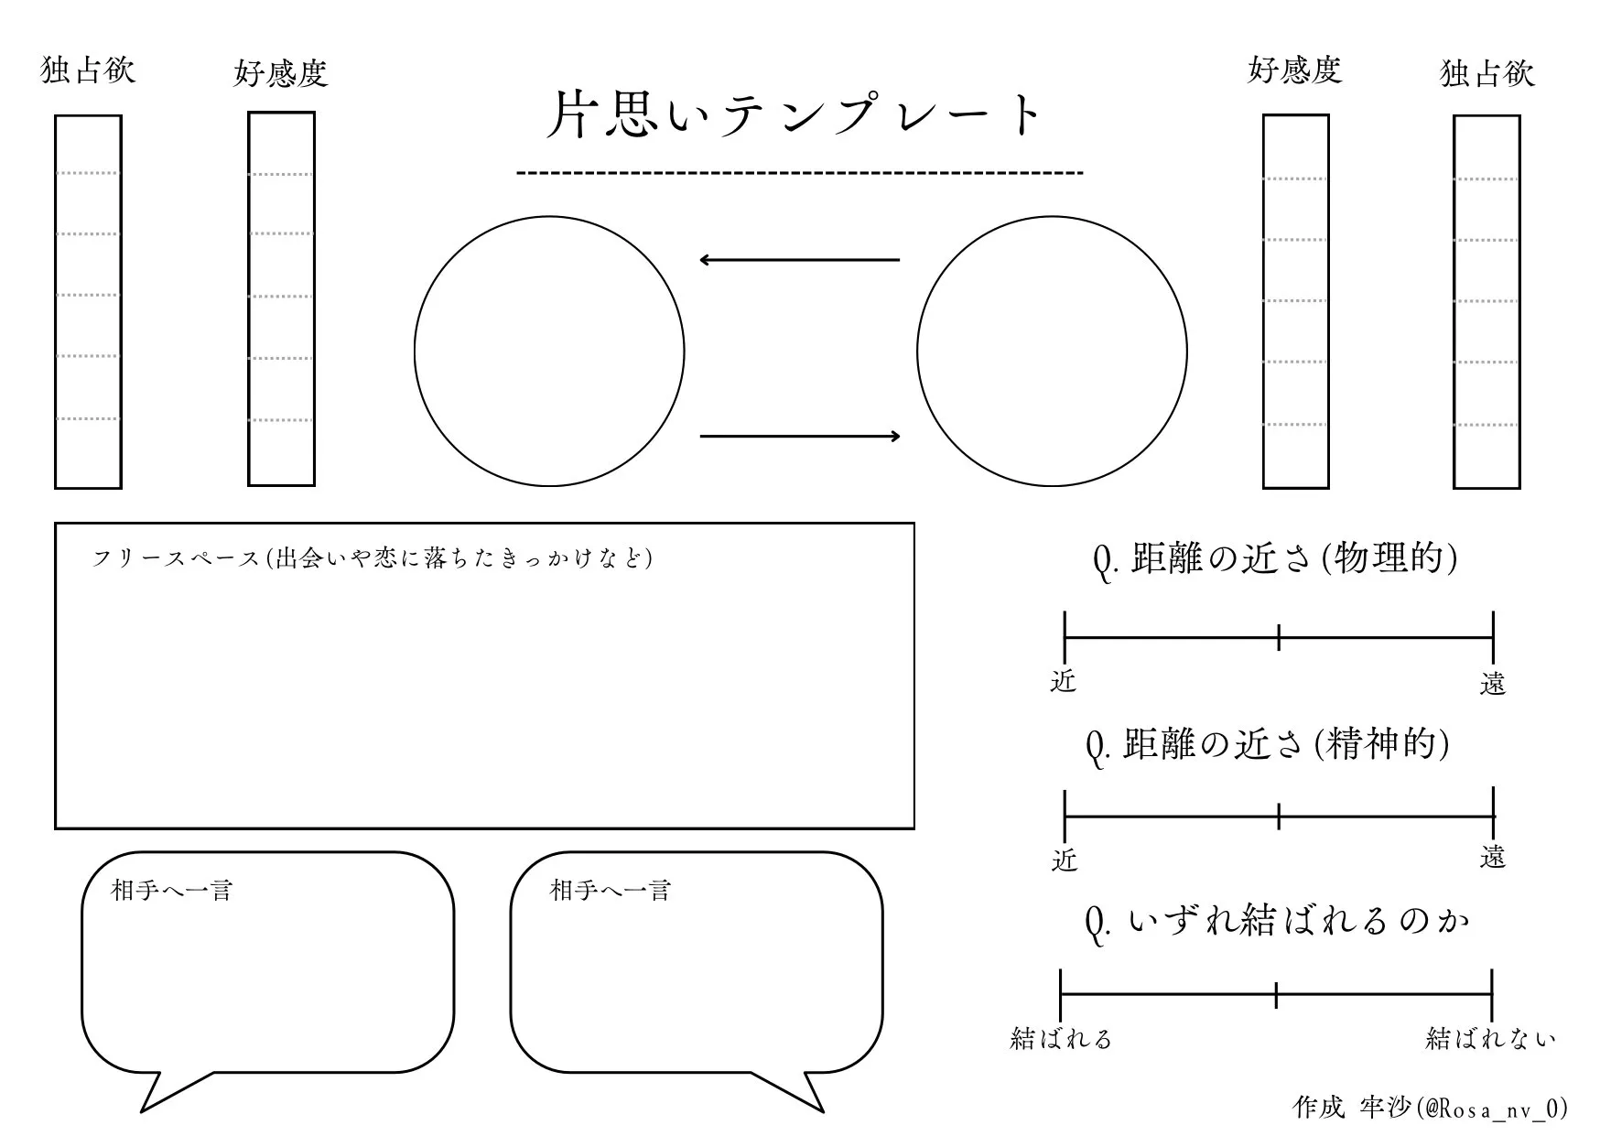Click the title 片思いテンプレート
coord(795,115)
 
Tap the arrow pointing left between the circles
coord(799,260)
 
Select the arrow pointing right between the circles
coord(799,437)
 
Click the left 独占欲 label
coord(88,70)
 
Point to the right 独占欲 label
coord(1486,73)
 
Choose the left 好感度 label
coord(281,73)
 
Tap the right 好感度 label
coord(1294,70)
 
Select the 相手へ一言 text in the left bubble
coord(172,890)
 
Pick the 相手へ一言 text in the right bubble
coord(611,890)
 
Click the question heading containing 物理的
coord(1275,558)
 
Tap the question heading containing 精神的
coord(1268,745)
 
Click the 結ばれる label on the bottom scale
coord(1061,1038)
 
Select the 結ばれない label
coord(1490,1038)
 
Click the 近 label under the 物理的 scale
coord(1064,681)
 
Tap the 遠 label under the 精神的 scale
coord(1492,858)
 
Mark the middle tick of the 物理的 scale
coord(1278,637)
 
